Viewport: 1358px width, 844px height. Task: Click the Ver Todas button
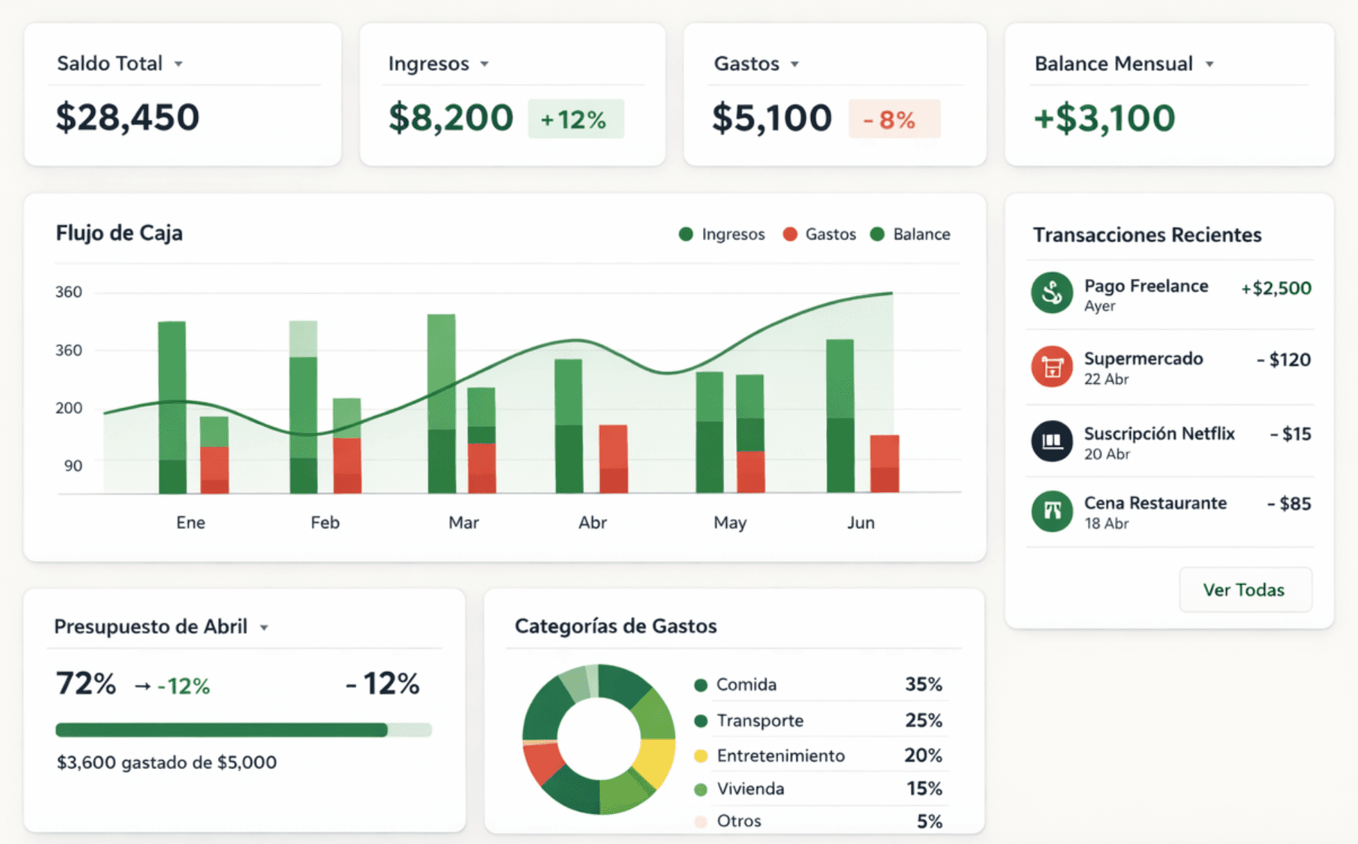[x=1245, y=590]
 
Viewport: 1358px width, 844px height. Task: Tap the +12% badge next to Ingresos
[x=576, y=119]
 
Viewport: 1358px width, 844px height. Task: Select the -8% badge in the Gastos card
[x=894, y=119]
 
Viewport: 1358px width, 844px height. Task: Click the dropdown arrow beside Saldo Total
[x=178, y=64]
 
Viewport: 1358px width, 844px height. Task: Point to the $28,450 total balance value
[x=128, y=117]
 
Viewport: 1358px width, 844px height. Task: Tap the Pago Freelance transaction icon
[x=1052, y=292]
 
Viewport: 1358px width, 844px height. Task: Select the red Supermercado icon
[x=1052, y=366]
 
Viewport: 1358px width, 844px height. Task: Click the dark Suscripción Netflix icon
[x=1052, y=441]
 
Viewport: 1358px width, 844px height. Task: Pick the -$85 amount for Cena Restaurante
[x=1289, y=504]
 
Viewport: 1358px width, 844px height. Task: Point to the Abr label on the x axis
[x=593, y=523]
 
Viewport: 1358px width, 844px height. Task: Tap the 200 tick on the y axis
[x=69, y=408]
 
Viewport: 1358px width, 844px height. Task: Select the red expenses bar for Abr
[x=613, y=459]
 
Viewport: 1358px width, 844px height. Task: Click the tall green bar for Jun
[x=840, y=416]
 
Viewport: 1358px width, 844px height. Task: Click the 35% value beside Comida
[x=923, y=684]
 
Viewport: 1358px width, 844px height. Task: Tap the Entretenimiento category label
[x=780, y=755]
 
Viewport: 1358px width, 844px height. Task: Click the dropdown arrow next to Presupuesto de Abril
[x=264, y=628]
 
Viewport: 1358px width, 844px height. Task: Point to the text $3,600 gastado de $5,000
[x=167, y=762]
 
